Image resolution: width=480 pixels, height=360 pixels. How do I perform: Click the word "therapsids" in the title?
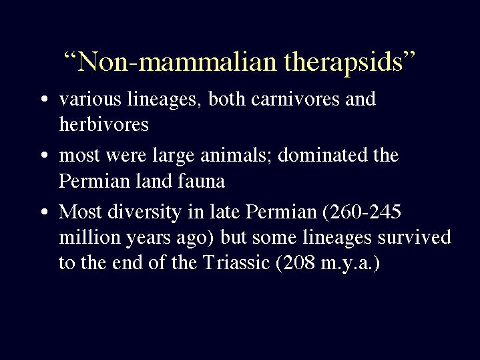pyautogui.click(x=343, y=62)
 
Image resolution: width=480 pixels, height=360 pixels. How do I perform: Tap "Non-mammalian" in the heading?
pyautogui.click(x=177, y=61)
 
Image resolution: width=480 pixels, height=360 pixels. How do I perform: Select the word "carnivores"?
pyautogui.click(x=295, y=99)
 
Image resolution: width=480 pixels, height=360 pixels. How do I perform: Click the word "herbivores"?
pyautogui.click(x=103, y=124)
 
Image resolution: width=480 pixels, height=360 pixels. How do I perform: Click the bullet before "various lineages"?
pyautogui.click(x=44, y=99)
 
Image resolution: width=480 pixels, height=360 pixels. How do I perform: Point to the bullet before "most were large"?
pyautogui.click(x=44, y=155)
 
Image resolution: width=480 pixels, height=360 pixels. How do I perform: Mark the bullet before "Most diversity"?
pyautogui.click(x=44, y=212)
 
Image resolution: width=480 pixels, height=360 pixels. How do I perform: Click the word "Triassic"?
pyautogui.click(x=236, y=262)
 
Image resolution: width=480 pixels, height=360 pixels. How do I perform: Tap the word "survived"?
pyautogui.click(x=415, y=236)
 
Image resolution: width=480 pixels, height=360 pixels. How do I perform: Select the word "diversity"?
pyautogui.click(x=144, y=212)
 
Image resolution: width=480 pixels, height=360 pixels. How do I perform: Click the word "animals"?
pyautogui.click(x=234, y=155)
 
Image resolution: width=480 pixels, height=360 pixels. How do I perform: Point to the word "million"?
pyautogui.click(x=89, y=236)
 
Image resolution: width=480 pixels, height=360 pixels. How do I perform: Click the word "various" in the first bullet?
pyautogui.click(x=90, y=99)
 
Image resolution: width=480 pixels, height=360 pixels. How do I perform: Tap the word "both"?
pyautogui.click(x=227, y=99)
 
